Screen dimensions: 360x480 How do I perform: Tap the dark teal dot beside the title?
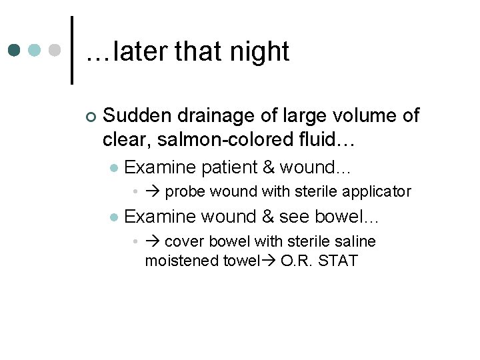tap(15, 51)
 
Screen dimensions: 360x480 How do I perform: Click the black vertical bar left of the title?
tap(71, 50)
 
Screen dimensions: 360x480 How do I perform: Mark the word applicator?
tap(377, 192)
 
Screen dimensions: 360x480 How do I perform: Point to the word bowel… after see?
tap(346, 217)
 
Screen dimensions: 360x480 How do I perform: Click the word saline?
tap(353, 241)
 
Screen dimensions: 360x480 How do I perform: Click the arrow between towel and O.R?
tap(269, 261)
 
